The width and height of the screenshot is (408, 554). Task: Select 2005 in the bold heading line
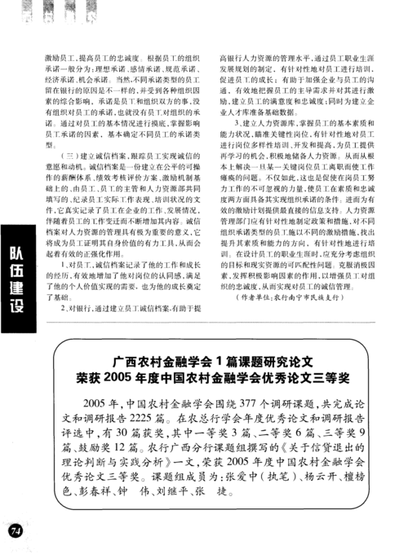(135, 378)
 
